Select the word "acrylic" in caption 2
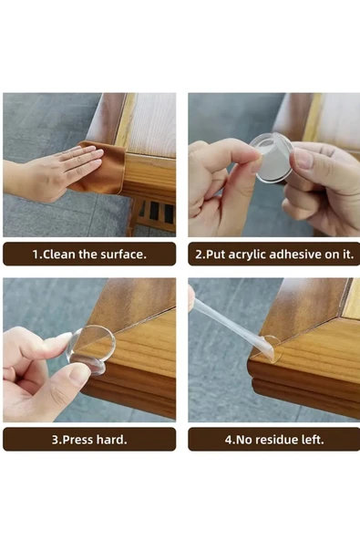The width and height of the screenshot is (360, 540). tap(247, 254)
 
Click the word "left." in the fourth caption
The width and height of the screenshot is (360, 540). tap(312, 440)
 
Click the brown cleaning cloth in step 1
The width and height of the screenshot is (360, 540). tap(103, 169)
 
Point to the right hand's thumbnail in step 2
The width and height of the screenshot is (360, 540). tap(303, 159)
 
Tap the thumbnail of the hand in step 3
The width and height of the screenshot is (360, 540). tap(78, 373)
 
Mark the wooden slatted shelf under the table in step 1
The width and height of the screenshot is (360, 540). tap(153, 215)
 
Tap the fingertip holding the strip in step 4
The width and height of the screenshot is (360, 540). tap(191, 299)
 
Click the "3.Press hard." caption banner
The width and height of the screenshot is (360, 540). tap(89, 440)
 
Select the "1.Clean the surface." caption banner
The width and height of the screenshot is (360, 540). tap(89, 254)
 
